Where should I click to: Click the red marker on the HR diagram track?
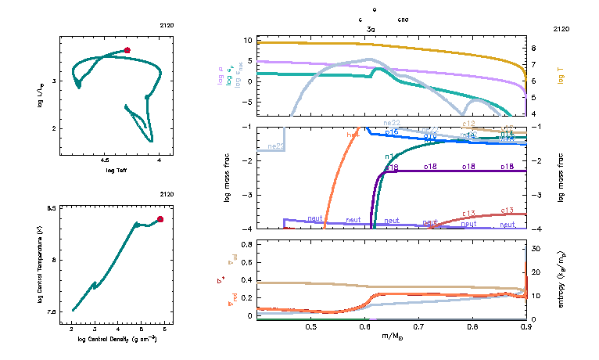click(x=127, y=50)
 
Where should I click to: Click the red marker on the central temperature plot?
click(x=160, y=219)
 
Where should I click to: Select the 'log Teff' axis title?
click(x=116, y=169)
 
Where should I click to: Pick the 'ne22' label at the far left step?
click(x=275, y=146)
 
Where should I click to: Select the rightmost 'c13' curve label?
click(x=507, y=210)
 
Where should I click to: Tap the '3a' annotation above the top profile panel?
click(x=371, y=29)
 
